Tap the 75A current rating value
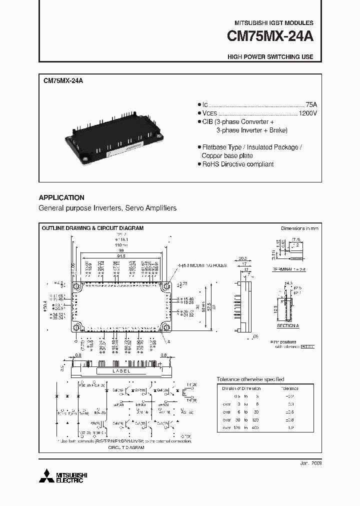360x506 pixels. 311,104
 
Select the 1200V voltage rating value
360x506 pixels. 307,113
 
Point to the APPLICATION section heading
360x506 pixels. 61,197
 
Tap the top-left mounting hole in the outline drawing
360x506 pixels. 76,287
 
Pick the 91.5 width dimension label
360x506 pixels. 121,255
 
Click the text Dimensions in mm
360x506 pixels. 299,228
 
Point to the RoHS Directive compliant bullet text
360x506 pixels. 237,164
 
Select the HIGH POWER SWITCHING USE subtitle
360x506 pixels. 270,56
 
